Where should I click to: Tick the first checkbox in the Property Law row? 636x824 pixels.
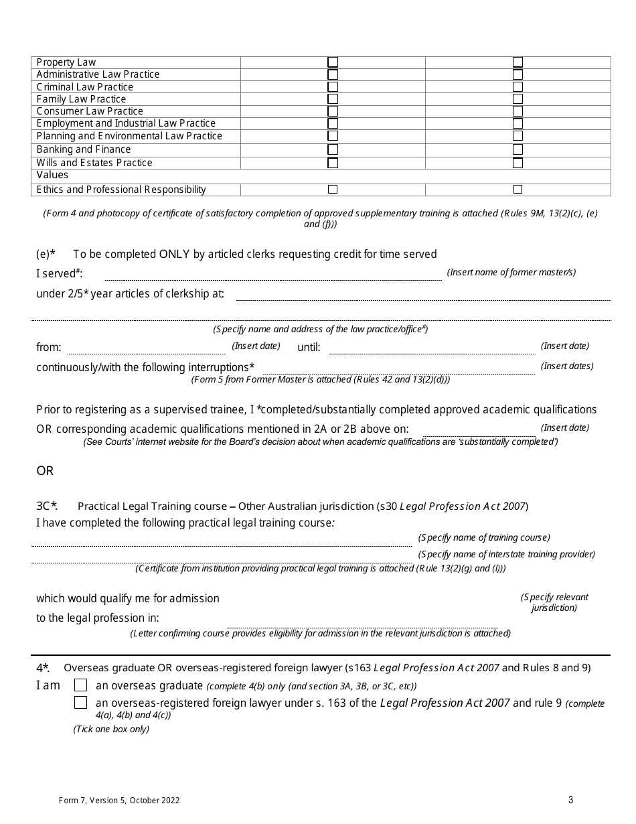(333, 62)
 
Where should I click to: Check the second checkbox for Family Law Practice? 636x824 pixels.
(518, 99)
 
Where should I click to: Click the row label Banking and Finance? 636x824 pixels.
(84, 149)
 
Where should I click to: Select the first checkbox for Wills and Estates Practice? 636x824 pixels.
(333, 163)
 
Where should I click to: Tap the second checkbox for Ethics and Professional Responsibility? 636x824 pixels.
(518, 190)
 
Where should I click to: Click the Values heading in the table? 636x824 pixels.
(52, 175)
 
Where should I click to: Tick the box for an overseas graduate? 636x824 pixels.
(80, 685)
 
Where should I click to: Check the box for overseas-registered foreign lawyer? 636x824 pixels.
(80, 703)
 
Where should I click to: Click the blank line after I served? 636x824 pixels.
(272, 275)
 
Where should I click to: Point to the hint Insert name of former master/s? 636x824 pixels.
(511, 272)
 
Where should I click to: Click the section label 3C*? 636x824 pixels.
(47, 506)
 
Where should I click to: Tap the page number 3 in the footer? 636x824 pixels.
(570, 799)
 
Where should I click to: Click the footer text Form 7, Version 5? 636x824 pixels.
(118, 800)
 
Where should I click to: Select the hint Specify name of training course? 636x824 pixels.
(484, 537)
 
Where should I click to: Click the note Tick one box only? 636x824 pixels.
(111, 729)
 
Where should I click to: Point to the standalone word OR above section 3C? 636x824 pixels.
(45, 471)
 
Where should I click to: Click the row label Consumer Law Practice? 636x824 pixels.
(90, 111)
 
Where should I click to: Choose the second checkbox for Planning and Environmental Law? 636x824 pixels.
(518, 136)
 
